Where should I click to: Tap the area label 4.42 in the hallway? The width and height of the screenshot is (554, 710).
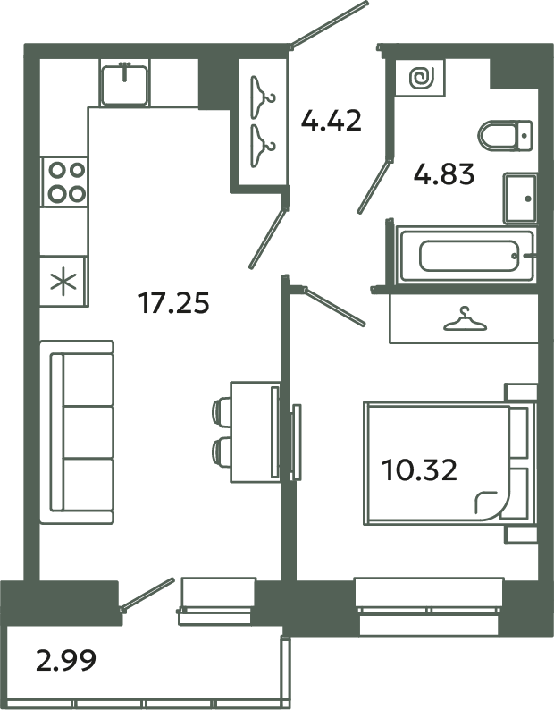click(331, 120)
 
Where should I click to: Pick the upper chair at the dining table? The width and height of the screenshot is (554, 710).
click(222, 410)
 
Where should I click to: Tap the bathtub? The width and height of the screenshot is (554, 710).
click(466, 257)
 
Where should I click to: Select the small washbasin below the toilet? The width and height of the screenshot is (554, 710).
click(520, 199)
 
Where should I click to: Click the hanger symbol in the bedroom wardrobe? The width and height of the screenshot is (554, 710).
click(462, 319)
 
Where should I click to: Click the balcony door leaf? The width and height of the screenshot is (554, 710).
click(147, 594)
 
